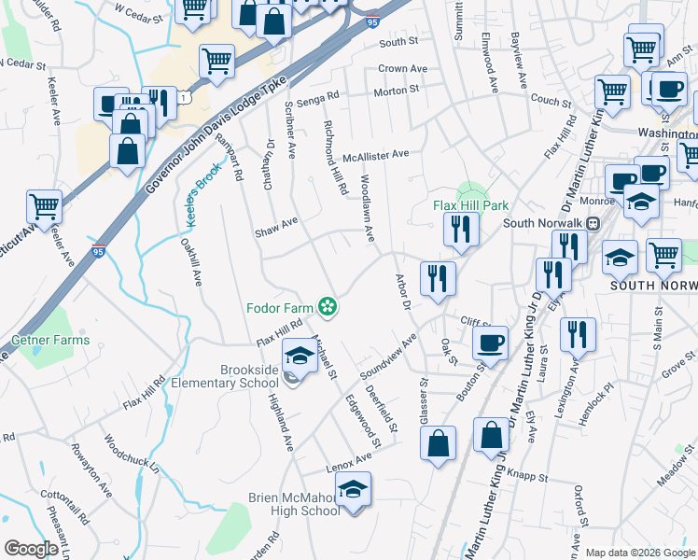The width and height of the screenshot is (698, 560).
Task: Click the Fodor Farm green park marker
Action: (328, 305)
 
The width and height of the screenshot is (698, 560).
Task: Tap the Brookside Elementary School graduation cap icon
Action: (300, 355)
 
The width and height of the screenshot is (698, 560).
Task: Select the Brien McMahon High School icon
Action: (353, 489)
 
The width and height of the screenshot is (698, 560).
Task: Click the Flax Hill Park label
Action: (469, 206)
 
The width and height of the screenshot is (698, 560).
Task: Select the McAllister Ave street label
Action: (375, 155)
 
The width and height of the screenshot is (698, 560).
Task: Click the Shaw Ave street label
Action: (276, 222)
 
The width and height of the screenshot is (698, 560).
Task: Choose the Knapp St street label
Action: (529, 477)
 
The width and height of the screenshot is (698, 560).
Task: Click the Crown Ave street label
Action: (402, 69)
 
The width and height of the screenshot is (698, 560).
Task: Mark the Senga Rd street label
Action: (319, 95)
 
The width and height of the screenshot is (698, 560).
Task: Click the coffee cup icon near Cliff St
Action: (491, 342)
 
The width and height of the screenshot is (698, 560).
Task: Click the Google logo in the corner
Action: (31, 549)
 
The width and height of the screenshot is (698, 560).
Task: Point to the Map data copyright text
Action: (640, 553)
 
